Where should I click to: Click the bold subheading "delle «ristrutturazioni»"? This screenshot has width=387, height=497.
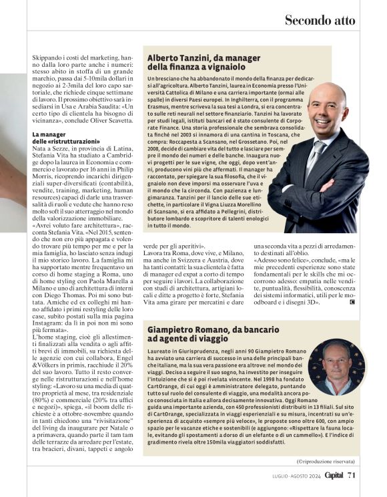pos(63,142)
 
